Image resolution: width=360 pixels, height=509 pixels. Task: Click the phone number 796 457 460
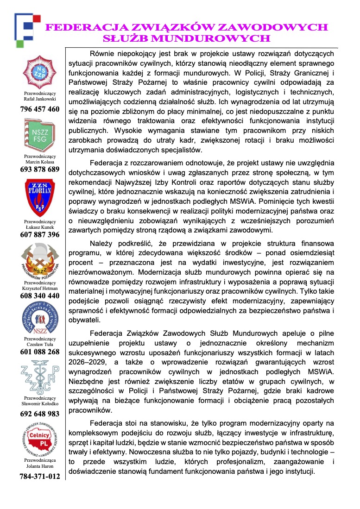40,109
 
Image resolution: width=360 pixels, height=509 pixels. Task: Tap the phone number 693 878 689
40,170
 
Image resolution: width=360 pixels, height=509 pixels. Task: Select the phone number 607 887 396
40,235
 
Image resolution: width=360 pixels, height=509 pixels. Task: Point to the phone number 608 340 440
40,295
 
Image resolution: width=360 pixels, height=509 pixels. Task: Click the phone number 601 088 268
40,352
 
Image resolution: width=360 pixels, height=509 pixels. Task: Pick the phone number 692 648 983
40,414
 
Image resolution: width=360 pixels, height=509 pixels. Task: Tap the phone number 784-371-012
40,476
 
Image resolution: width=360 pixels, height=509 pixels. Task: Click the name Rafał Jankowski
40,99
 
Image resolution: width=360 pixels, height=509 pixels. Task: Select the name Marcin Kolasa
40,162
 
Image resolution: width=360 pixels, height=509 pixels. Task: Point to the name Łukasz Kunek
40,227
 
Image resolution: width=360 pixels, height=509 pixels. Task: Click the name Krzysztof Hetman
40,288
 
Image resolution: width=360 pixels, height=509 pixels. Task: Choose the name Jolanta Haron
40,466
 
